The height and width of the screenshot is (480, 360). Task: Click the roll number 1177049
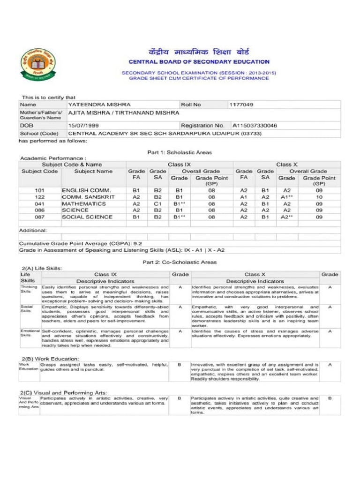tap(241, 105)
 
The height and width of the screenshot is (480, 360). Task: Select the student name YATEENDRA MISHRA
tap(99, 105)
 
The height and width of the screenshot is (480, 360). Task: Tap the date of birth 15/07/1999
tap(83, 126)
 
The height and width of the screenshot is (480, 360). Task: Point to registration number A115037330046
tap(255, 126)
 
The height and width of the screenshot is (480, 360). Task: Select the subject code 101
tap(40, 191)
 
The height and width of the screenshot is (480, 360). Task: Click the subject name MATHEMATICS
tap(83, 204)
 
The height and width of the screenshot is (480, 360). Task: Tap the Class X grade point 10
tap(319, 197)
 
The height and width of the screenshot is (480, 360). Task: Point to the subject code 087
tap(40, 217)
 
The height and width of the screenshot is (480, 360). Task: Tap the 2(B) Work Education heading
tap(50, 359)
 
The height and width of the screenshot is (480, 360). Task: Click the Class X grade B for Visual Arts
tap(330, 398)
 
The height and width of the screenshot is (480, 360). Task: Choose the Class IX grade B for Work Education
tap(180, 364)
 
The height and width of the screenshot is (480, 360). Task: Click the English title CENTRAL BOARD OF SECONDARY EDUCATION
tap(199, 61)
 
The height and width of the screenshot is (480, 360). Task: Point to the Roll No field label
tap(191, 105)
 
